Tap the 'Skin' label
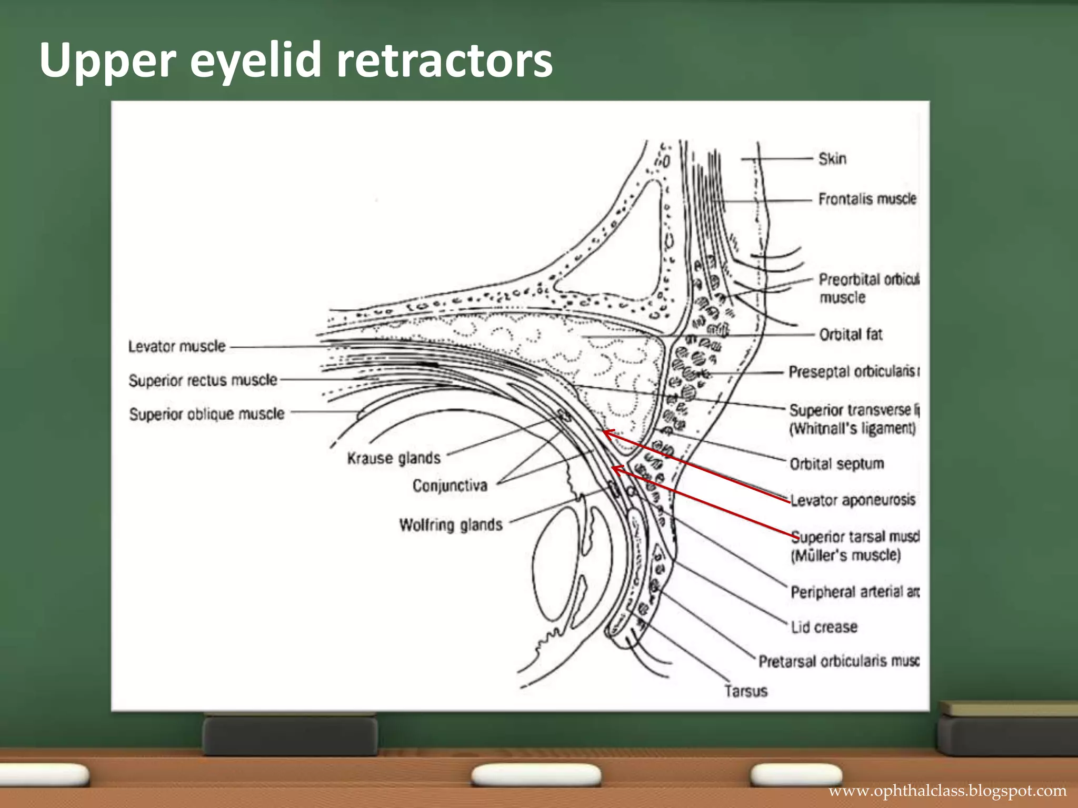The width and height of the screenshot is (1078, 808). coord(832,159)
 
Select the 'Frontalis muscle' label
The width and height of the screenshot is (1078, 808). coord(867,199)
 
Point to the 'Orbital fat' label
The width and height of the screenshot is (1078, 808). coord(850,335)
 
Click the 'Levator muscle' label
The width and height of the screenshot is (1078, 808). coord(177,346)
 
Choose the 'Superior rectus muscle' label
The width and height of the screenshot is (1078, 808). coord(203,380)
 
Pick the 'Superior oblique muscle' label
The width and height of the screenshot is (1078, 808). coord(207,414)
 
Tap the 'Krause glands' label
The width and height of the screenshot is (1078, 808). coord(394,458)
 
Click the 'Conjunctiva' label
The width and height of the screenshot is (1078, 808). coord(450,485)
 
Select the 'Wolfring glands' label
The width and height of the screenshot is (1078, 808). coord(451,524)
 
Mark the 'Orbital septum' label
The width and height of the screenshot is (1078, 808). coord(836,464)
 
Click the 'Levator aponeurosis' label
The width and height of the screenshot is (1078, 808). coord(853,500)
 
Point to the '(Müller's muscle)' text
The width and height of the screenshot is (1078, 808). coord(845,555)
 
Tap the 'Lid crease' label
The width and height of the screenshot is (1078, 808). coord(824,627)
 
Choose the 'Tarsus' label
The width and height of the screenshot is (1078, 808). coord(745,691)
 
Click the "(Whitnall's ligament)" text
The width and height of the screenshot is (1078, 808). coord(852,428)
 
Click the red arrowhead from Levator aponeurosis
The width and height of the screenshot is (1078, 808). coord(605,433)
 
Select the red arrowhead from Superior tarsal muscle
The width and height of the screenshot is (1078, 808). coord(614,468)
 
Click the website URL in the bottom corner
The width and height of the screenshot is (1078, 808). coord(947,791)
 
